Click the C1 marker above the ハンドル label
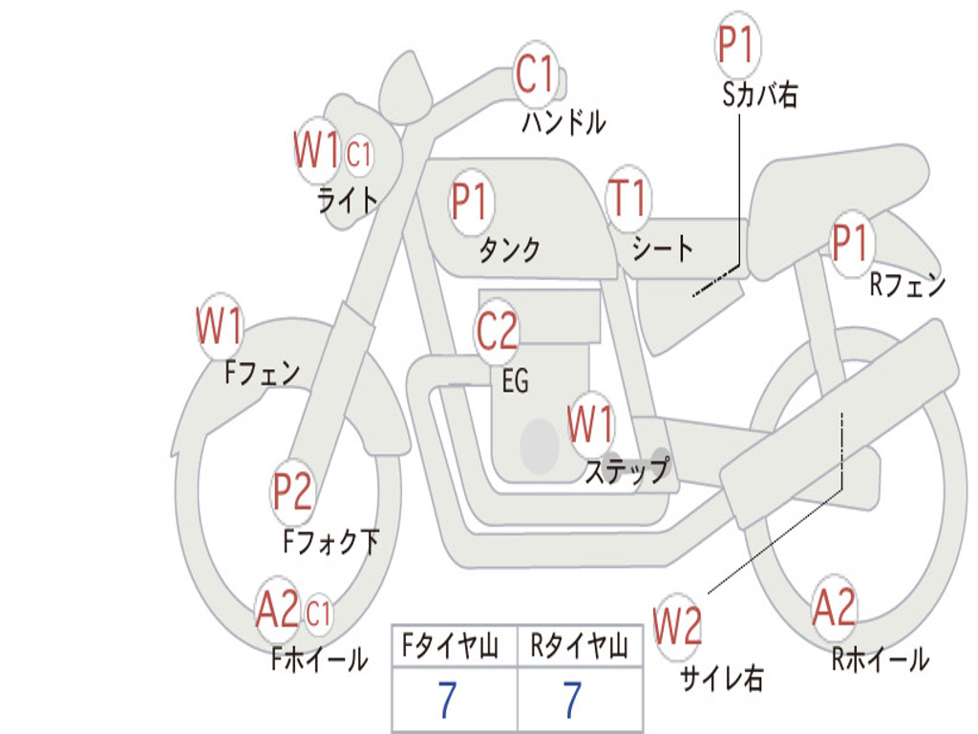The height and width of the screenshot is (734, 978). coord(535,74)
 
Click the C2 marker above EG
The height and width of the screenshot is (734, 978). coord(497,331)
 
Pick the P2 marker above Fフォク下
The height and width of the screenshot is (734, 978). coord(292,491)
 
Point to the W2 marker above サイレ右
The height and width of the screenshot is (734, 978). coord(677,625)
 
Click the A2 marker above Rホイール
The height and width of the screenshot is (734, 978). coord(834,607)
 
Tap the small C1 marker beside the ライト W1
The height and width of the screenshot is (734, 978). coord(359,154)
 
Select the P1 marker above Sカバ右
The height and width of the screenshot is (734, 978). coord(738,44)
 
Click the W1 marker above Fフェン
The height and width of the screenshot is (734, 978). coord(220,326)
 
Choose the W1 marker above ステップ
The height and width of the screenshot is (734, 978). coord(590,424)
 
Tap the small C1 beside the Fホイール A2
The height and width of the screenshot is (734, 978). coord(318,613)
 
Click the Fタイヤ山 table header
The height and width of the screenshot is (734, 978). coord(451,645)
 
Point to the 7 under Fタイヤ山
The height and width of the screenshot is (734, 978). coord(447,699)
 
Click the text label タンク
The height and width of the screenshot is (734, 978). coord(509,249)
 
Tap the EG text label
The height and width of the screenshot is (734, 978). coord(515,379)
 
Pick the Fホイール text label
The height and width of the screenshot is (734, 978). coord(319,659)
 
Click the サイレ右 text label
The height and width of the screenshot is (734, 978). coord(722,678)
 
